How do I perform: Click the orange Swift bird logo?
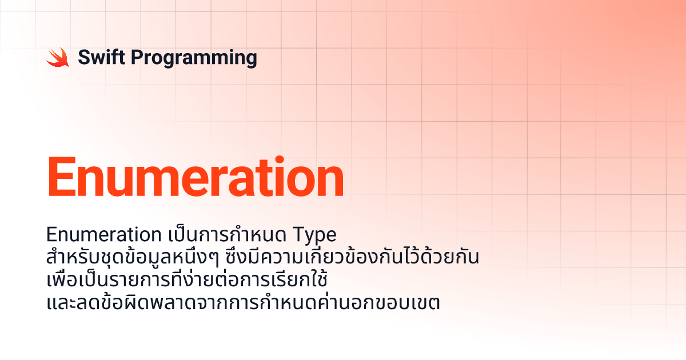pos(58,57)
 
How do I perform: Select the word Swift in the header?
pos(101,57)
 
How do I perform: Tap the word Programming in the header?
pos(194,58)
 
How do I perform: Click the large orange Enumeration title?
pos(196,177)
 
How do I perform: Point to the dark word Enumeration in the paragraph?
pos(104,234)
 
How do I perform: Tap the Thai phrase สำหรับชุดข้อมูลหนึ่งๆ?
pos(133,257)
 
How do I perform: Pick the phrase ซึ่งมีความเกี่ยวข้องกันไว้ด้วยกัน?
pos(352,257)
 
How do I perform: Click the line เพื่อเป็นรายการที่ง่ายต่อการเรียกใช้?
pos(187,279)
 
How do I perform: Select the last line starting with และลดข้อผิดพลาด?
pos(243,302)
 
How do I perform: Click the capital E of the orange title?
pos(62,177)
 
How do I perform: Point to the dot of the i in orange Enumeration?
pos(280,160)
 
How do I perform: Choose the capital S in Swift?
pos(84,57)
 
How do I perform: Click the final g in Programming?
pos(251,60)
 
